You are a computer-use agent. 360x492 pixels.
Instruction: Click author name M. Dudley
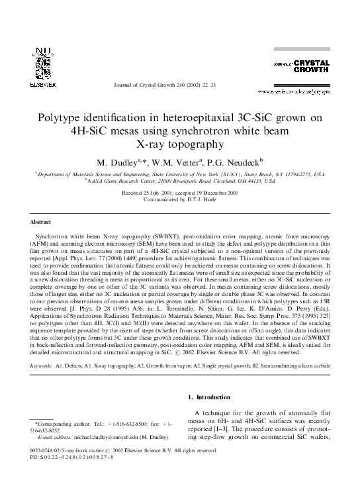click(123, 163)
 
